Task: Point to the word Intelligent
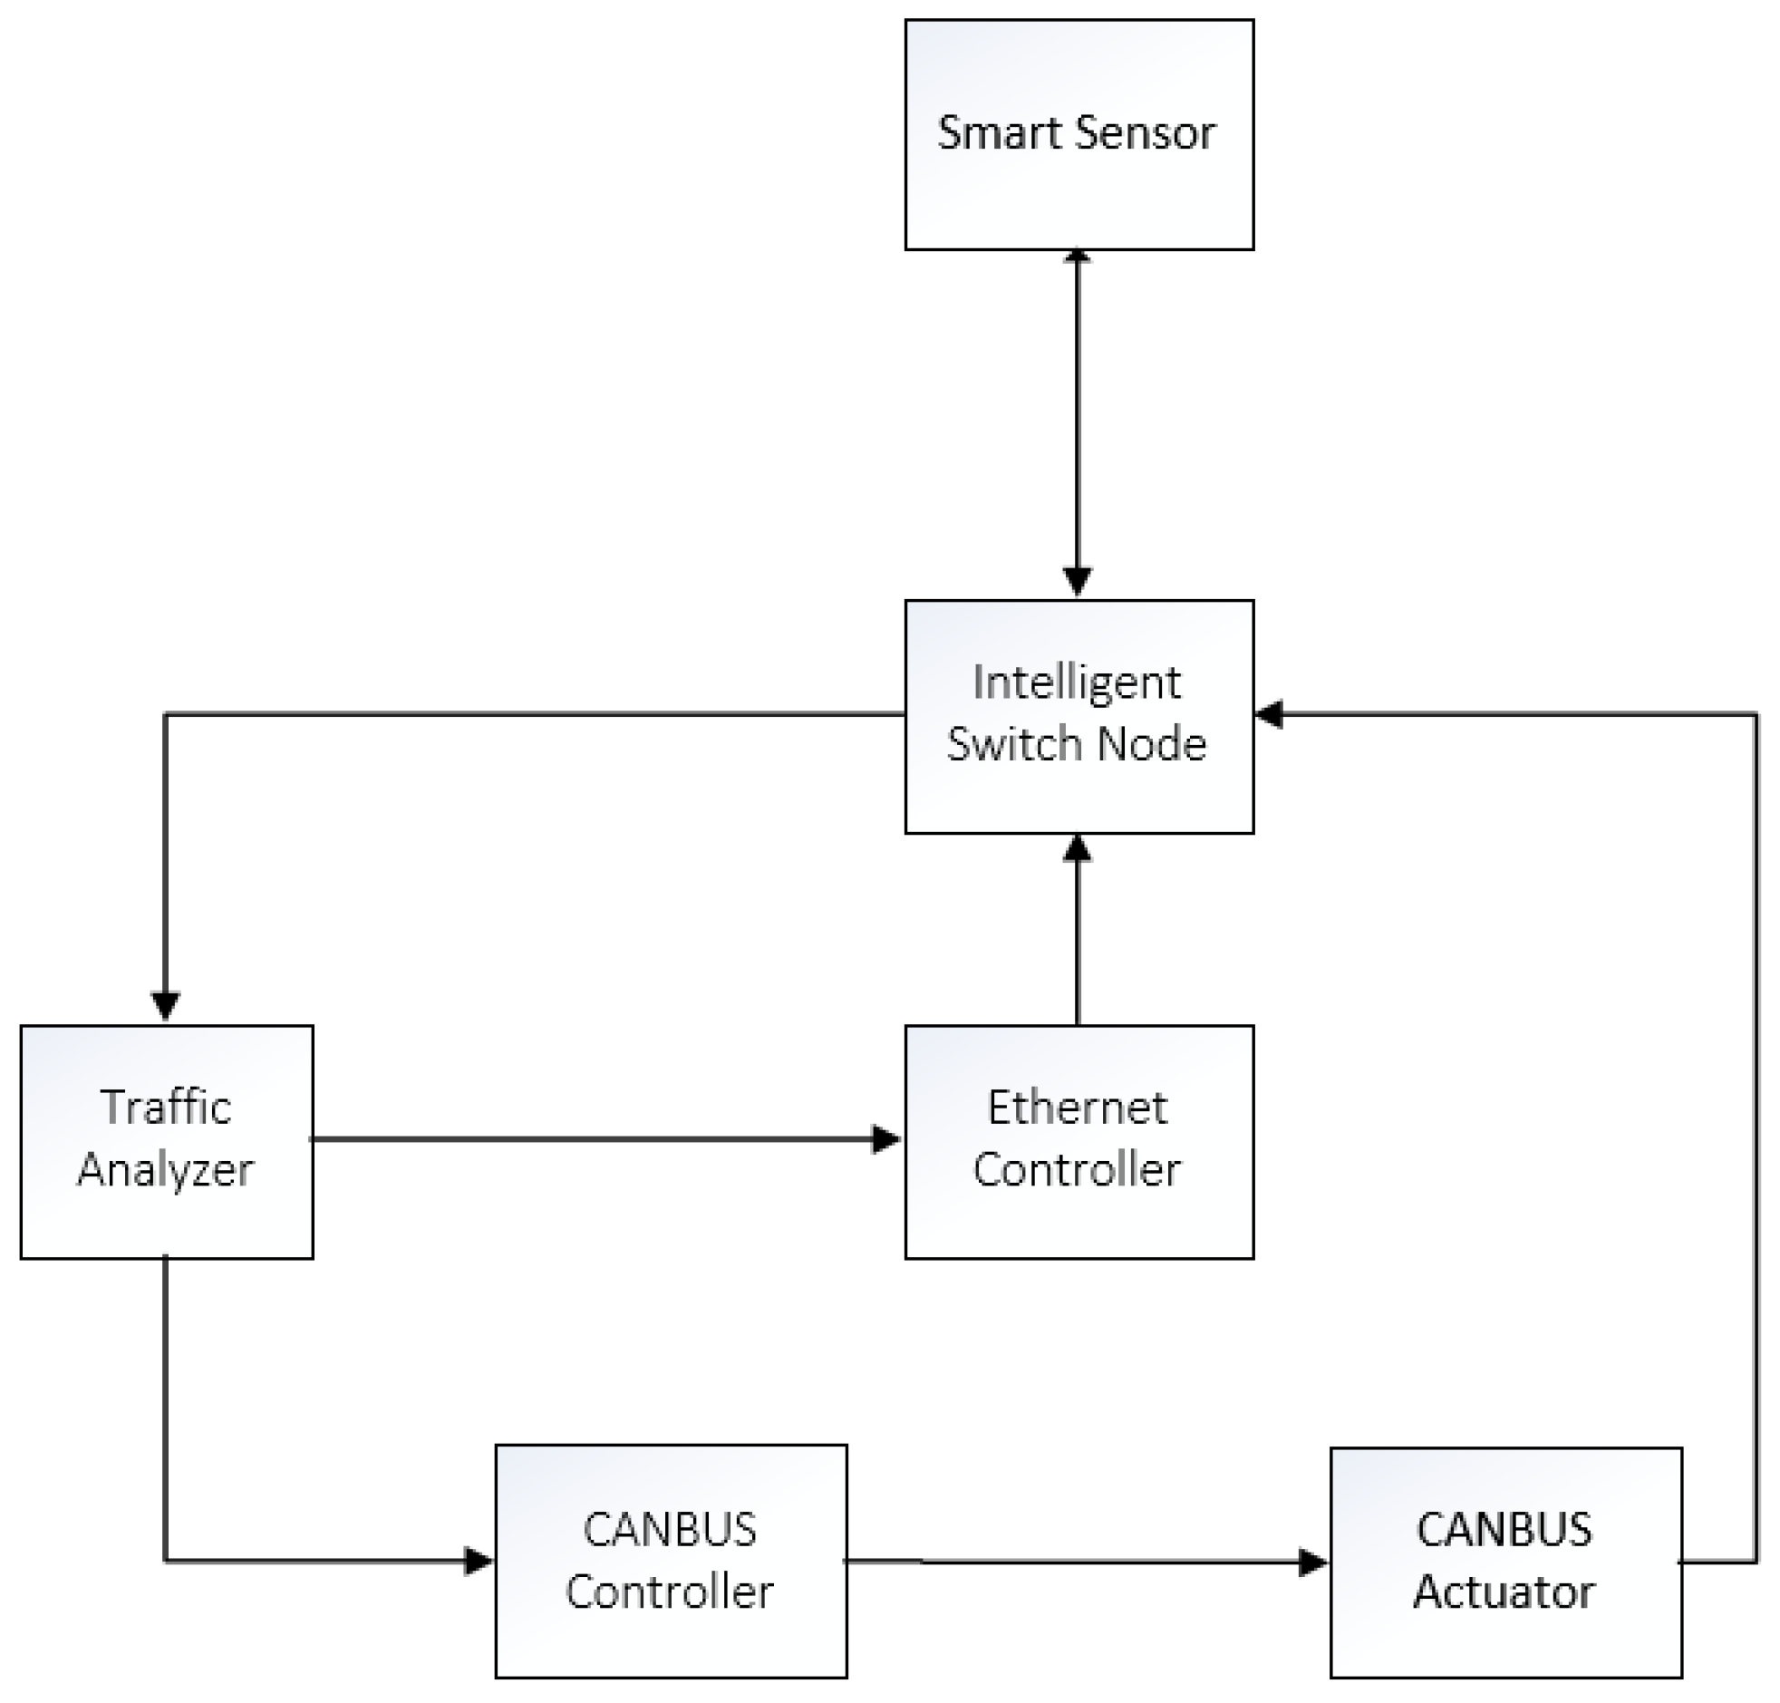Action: (x=1077, y=682)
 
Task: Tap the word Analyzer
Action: (x=165, y=1169)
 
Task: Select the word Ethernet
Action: (x=1077, y=1108)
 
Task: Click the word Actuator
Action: (x=1504, y=1592)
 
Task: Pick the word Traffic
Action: (x=166, y=1108)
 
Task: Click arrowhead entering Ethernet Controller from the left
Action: (x=885, y=1138)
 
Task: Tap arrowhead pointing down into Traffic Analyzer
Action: (x=165, y=1006)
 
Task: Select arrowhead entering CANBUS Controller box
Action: (x=478, y=1562)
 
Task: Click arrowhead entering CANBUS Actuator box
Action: (x=1312, y=1563)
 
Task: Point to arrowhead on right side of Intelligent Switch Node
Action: (x=1270, y=714)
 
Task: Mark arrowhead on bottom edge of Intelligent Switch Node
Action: (x=1077, y=848)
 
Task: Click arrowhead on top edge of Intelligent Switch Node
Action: (x=1077, y=581)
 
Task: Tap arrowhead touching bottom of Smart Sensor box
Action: (x=1077, y=256)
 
